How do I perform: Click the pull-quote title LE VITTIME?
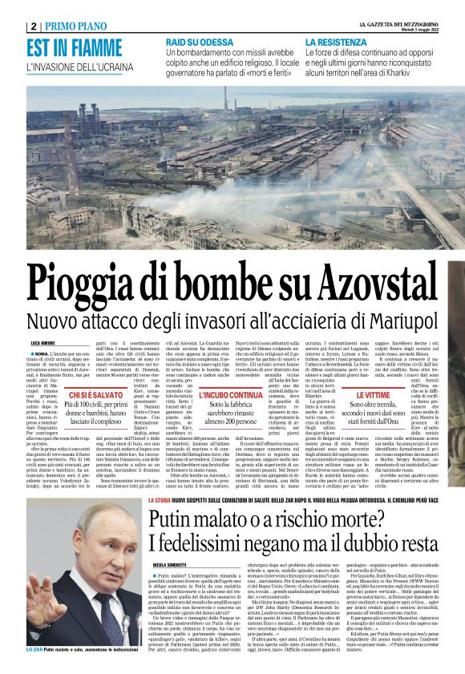point(356,396)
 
